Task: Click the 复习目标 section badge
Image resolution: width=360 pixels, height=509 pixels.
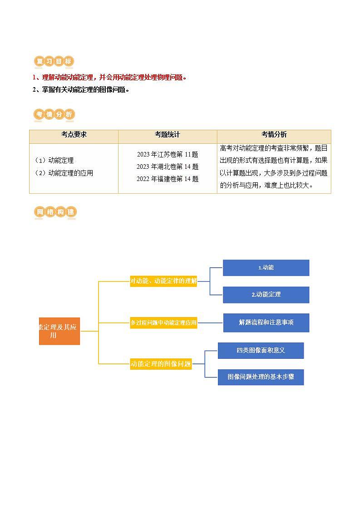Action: point(54,61)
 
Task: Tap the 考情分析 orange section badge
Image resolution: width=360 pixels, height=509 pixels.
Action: point(54,115)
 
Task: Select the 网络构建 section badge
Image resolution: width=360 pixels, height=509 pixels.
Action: point(55,212)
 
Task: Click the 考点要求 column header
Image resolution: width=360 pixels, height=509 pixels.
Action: point(74,135)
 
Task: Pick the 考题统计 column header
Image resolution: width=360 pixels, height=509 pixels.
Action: point(167,135)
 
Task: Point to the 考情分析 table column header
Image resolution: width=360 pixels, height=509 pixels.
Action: point(274,135)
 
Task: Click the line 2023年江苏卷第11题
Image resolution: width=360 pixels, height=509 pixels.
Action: point(168,154)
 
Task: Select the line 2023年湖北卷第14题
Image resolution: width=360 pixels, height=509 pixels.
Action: point(168,166)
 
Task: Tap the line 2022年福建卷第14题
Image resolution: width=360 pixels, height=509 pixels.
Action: point(168,179)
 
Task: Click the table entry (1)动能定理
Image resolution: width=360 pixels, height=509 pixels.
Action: point(54,160)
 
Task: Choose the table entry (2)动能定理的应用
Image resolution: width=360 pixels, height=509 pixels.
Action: point(64,173)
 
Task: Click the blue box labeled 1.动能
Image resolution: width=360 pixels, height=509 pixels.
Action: point(266,268)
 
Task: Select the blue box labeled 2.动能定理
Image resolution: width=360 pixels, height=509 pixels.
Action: point(266,294)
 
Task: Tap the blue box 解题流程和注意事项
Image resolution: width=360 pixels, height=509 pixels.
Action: point(266,323)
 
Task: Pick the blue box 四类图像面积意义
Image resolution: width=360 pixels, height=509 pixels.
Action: point(261,350)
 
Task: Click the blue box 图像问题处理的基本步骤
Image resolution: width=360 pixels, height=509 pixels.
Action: point(261,377)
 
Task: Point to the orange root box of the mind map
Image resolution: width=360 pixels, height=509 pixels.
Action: point(59,331)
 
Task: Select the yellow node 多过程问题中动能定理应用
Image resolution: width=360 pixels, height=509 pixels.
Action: point(163,323)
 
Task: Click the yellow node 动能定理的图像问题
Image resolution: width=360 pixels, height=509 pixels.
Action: point(161,363)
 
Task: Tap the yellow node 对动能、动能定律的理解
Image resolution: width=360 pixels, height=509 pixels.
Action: point(163,281)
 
